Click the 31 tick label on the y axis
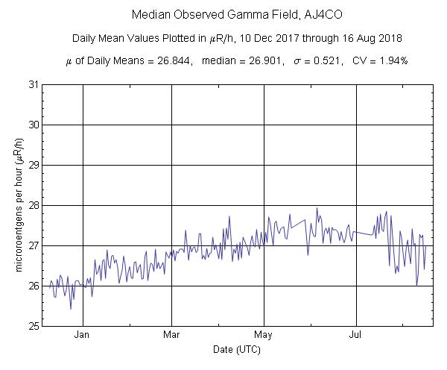[x=32, y=84]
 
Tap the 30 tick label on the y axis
[x=32, y=125]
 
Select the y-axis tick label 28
[x=32, y=205]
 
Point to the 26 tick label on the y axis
[x=32, y=286]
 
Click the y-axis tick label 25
[x=32, y=326]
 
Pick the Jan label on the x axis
[x=82, y=334]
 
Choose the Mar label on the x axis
[x=172, y=334]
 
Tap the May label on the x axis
[x=263, y=334]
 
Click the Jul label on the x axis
[x=355, y=334]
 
